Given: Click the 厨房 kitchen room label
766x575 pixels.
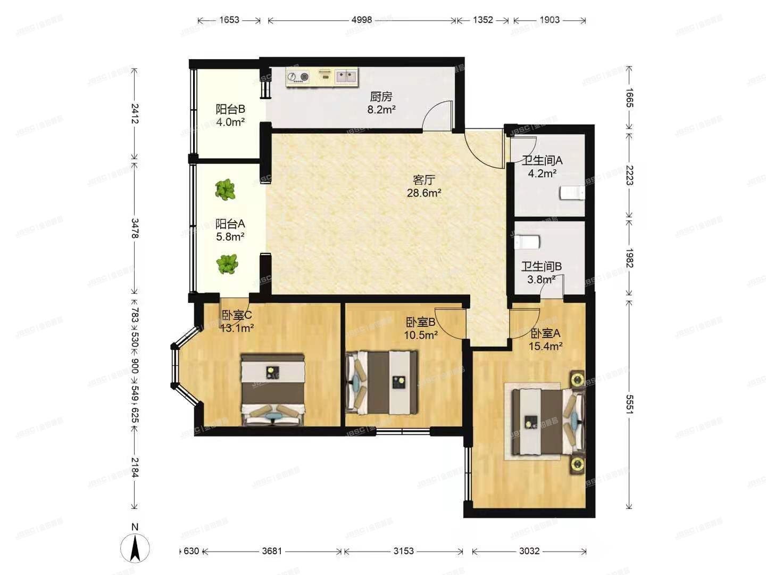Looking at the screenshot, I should [x=381, y=97].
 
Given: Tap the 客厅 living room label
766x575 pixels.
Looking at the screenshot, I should [x=423, y=180].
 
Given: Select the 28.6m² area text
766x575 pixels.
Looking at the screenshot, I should [x=423, y=193].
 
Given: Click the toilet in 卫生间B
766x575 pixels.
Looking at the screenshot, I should [x=527, y=242].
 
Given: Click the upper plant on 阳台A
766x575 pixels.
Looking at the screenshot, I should [x=226, y=190].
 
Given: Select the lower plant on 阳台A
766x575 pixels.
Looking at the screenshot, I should [x=228, y=264].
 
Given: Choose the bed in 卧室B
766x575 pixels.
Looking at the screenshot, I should [x=382, y=382].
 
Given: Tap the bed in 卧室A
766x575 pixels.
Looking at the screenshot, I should [x=545, y=422].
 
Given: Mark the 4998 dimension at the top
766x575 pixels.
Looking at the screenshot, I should [x=362, y=20].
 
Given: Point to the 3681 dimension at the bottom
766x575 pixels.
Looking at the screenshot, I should [x=272, y=551].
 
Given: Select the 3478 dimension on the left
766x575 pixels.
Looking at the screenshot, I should [x=135, y=228].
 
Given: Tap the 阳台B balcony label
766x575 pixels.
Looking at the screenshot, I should [x=230, y=109].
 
